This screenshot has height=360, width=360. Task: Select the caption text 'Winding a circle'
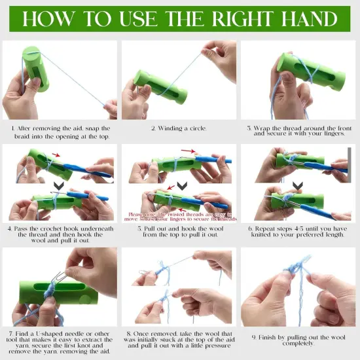[x=179, y=128]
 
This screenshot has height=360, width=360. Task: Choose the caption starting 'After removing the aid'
[x=60, y=132]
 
